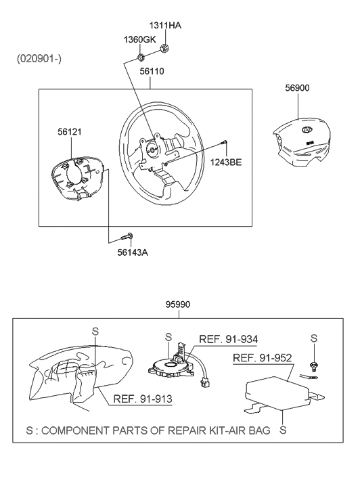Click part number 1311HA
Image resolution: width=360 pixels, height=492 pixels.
coord(165,26)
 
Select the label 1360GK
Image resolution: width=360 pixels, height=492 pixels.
coord(139,40)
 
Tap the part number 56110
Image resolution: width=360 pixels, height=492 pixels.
coord(152,71)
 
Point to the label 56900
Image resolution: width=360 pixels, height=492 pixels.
coord(297,88)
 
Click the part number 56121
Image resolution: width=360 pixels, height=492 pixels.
coord(70,132)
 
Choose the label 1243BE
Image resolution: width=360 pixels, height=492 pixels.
coord(226,162)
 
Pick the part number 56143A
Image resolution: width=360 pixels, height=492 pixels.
coord(133,252)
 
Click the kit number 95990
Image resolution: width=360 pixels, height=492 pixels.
coord(178,305)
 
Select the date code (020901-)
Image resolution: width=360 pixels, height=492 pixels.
coord(39,59)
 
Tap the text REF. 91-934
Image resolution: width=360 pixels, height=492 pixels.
coord(229,339)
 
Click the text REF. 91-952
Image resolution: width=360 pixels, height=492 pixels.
coord(263,358)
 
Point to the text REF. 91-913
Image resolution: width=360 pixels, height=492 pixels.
coord(143,399)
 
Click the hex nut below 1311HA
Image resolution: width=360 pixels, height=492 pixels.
coord(165,48)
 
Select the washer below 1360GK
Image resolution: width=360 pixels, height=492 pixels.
coord(141,58)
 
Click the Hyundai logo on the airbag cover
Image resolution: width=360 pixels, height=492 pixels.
coord(306,129)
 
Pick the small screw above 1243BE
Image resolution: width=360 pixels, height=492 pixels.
coord(224,143)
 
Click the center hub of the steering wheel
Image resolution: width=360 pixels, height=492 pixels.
coord(153,149)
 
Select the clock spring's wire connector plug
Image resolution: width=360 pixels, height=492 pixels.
coord(206,384)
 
